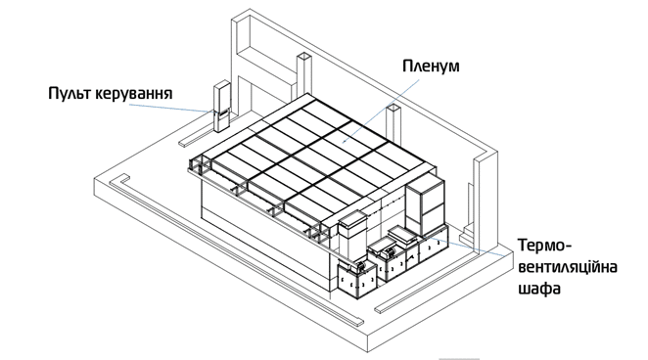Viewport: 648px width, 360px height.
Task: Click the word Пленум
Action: [431, 67]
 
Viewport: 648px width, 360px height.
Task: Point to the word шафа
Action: [539, 289]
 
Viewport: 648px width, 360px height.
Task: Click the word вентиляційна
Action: [568, 267]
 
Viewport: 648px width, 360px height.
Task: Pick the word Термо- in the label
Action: [544, 246]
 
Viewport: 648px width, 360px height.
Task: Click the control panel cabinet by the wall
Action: [221, 106]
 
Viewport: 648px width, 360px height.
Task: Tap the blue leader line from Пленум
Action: [381, 111]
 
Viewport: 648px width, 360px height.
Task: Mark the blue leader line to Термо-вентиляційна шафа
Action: [465, 246]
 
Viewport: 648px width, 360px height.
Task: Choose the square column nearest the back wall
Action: [303, 74]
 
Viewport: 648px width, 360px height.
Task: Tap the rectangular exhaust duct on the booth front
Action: [352, 236]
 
